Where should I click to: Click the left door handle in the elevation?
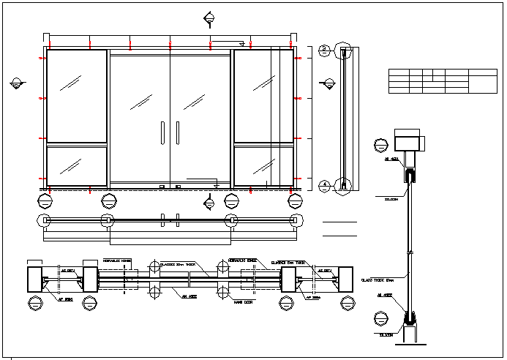tap(162, 132)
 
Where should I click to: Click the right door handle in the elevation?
tap(177, 132)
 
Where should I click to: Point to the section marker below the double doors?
tap(210, 202)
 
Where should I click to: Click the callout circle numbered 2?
tap(324, 50)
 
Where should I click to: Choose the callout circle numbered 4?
tap(324, 185)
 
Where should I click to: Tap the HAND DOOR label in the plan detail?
tap(233, 301)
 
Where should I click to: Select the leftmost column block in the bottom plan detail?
tap(35, 280)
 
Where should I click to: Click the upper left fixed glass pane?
tap(77, 95)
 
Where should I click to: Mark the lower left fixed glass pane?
tap(77, 165)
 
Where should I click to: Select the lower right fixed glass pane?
tap(263, 165)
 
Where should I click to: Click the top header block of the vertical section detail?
tap(408, 140)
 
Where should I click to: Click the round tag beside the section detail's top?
tap(380, 145)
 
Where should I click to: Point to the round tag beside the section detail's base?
tap(380, 318)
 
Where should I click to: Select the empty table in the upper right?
tap(442, 81)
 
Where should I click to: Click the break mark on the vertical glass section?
tap(410, 252)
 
